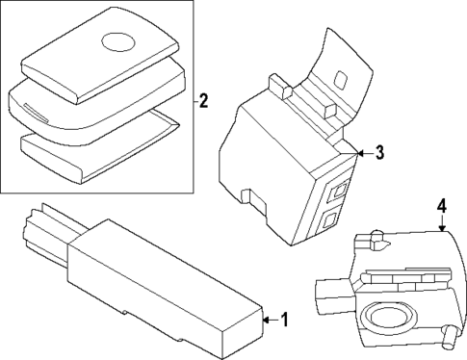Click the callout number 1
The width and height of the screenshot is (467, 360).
point(283,319)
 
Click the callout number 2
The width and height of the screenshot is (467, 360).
point(203,100)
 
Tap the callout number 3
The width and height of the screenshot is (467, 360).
point(379,152)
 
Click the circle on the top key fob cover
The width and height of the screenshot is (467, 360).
point(119,41)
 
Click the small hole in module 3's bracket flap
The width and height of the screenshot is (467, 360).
point(341,77)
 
